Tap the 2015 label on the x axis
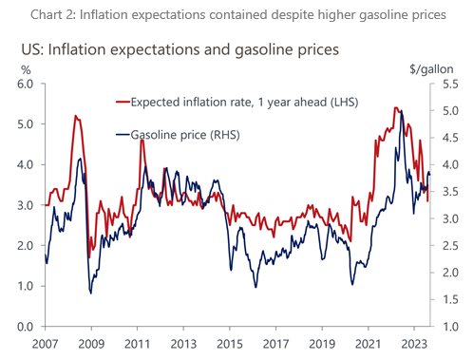tap(228, 345)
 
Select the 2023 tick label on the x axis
tap(413, 345)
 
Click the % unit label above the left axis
tap(25, 69)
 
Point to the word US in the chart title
tap(28, 47)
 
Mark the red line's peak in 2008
tap(75, 116)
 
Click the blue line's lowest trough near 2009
tap(90, 293)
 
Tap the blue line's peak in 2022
tap(401, 111)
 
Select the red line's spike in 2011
tap(142, 140)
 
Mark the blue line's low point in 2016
tap(255, 287)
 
